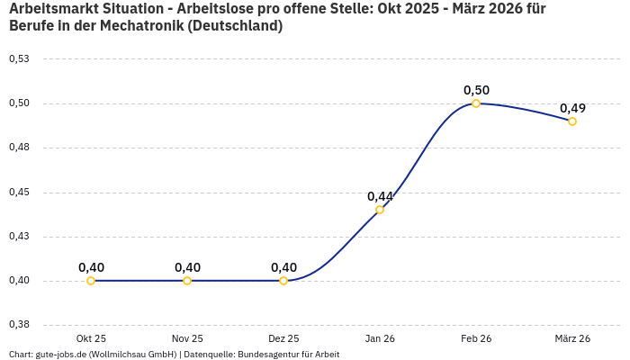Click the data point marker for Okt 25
tap(91, 281)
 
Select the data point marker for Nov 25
tap(187, 281)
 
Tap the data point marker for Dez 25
tap(283, 281)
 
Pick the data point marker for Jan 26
tap(380, 210)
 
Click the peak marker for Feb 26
tap(476, 103)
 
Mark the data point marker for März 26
tap(572, 121)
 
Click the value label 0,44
tap(380, 196)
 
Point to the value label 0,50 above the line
tap(476, 90)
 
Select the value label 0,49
tap(572, 108)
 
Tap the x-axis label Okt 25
tap(91, 338)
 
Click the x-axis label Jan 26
tap(380, 338)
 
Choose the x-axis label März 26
tap(572, 338)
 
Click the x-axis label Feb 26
tap(476, 338)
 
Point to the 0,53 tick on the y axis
tap(19, 59)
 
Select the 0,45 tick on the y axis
tap(19, 193)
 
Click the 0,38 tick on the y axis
tap(19, 325)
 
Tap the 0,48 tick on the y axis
tap(19, 148)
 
